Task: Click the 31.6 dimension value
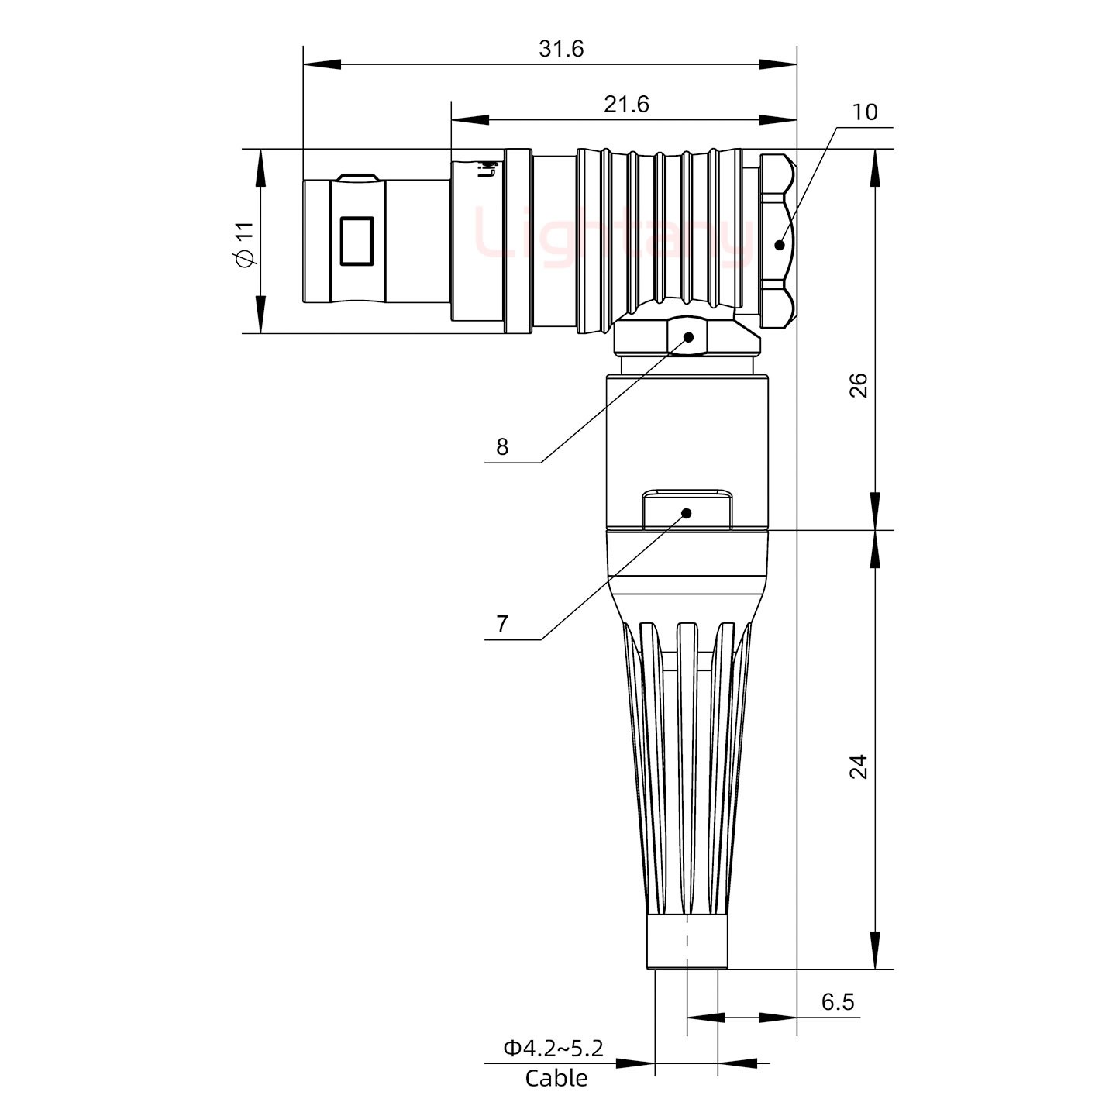[x=561, y=49]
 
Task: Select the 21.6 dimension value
[x=626, y=104]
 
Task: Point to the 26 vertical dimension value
[x=859, y=385]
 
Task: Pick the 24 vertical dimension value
[x=859, y=766]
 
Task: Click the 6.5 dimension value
[x=837, y=1002]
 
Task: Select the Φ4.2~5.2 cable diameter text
[x=553, y=1049]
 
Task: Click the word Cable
[x=556, y=1078]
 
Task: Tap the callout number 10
[x=864, y=112]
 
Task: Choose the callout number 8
[x=502, y=447]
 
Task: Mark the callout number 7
[x=502, y=624]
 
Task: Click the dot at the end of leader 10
[x=780, y=245]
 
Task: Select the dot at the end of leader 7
[x=686, y=513]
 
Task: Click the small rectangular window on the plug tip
[x=356, y=241]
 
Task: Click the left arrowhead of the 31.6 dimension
[x=321, y=64]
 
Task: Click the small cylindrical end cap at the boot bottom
[x=687, y=942]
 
